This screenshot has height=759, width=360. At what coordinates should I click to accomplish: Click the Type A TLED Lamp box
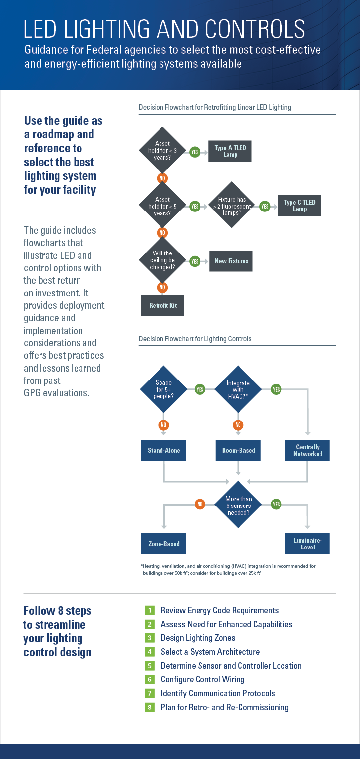click(230, 151)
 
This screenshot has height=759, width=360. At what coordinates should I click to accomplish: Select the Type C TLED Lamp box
click(299, 206)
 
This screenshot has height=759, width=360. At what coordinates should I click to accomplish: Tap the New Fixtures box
click(231, 261)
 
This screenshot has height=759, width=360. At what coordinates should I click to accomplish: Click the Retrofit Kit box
click(162, 305)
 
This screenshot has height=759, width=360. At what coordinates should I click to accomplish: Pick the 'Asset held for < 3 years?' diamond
click(162, 151)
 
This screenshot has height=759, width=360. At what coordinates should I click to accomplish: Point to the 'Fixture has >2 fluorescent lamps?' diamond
click(232, 206)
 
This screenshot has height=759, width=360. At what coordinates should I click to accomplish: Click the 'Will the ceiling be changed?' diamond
click(162, 260)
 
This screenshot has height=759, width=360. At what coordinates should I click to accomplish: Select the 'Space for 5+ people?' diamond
click(163, 389)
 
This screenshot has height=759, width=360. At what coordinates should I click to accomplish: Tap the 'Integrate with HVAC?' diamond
click(238, 389)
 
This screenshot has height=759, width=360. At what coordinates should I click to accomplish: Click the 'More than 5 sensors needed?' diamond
click(238, 505)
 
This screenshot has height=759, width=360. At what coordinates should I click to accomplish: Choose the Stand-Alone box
click(163, 450)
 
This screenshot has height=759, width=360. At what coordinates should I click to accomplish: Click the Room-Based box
click(238, 450)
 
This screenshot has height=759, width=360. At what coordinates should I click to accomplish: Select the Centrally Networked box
click(308, 450)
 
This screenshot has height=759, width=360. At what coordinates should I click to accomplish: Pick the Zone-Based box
click(163, 544)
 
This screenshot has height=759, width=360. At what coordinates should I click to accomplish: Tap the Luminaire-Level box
click(308, 544)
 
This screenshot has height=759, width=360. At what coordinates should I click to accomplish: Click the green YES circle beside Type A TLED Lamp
click(195, 152)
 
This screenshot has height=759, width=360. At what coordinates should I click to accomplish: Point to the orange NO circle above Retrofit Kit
click(162, 287)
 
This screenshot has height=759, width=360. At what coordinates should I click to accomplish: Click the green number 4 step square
click(150, 652)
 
